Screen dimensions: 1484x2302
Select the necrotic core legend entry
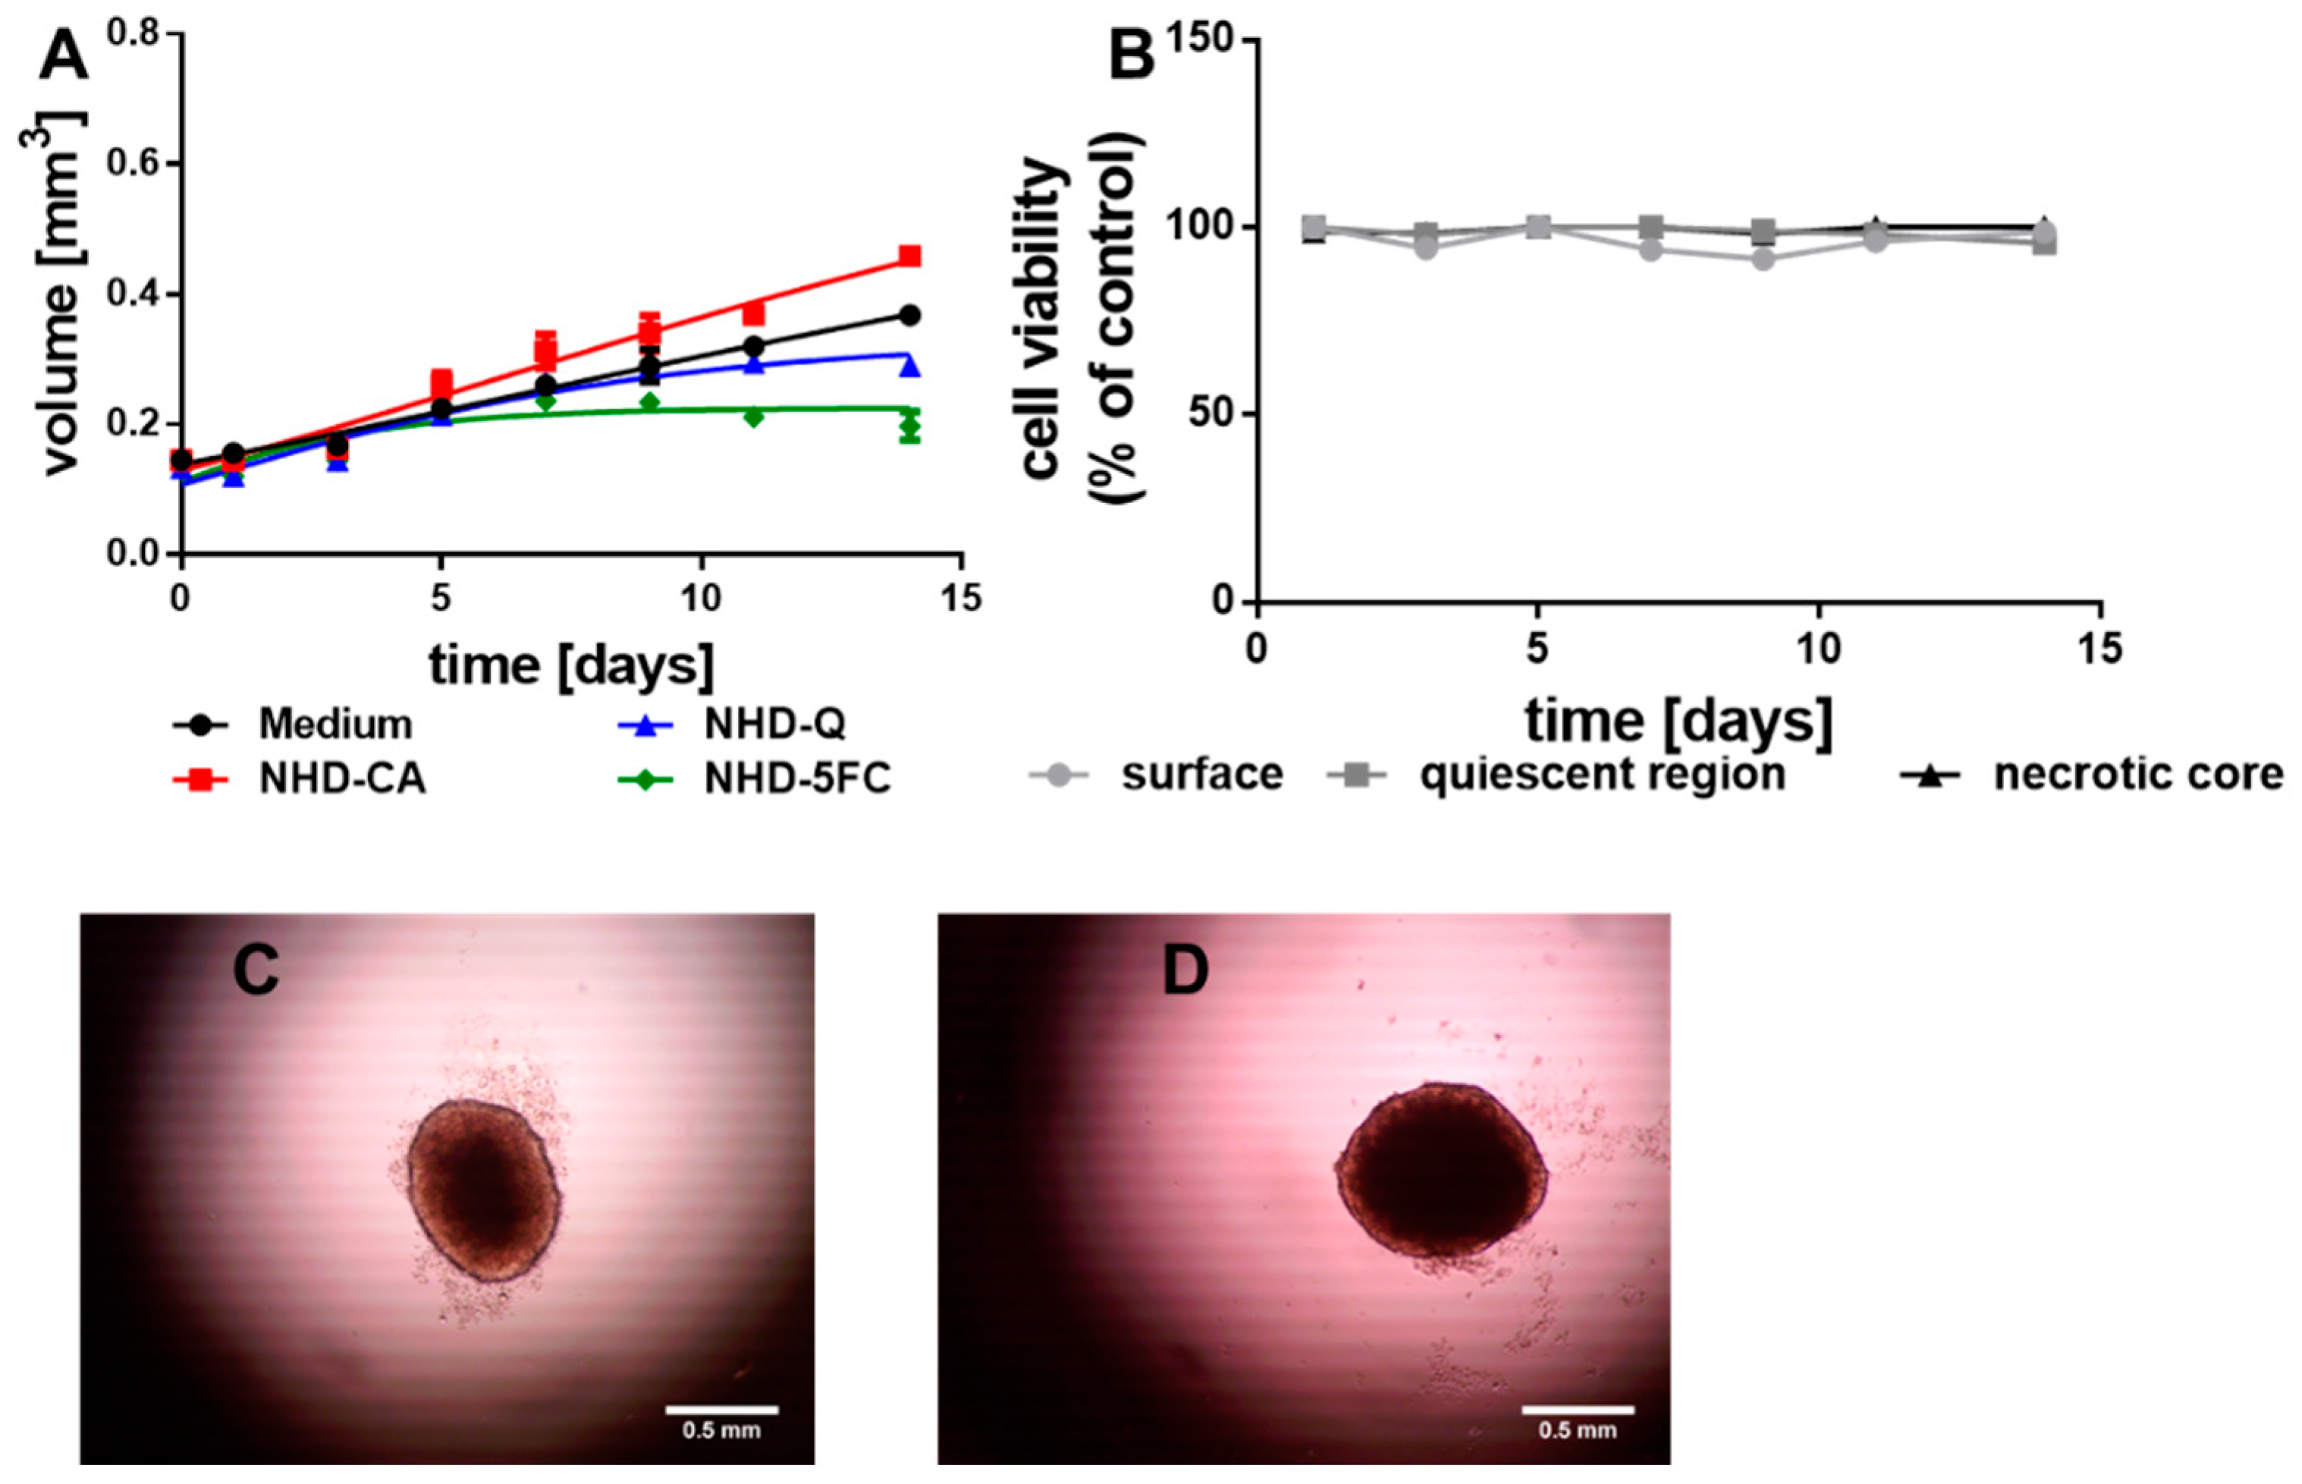coord(2137,774)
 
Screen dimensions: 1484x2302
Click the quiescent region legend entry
coord(1602,774)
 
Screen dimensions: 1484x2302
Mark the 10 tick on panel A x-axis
coord(700,599)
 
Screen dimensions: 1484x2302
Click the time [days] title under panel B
coord(1678,721)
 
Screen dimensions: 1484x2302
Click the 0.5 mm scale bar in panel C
coord(721,1410)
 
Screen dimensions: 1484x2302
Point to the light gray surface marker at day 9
coord(1763,259)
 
